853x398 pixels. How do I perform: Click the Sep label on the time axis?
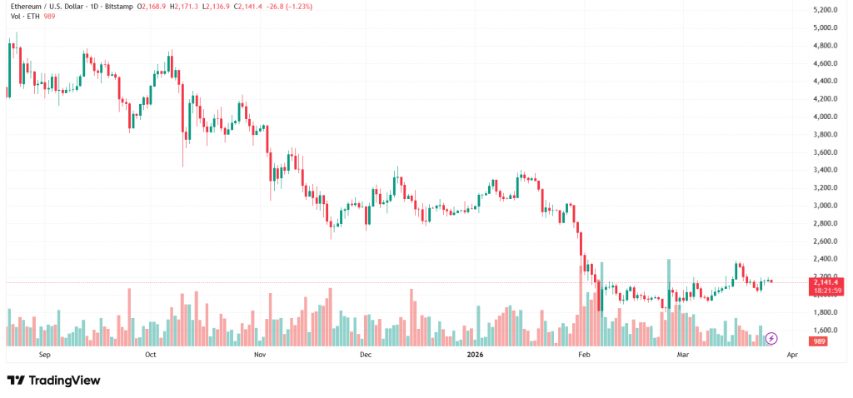[x=45, y=355]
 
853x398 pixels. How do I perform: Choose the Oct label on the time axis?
[x=151, y=355]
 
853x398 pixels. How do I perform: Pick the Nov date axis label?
[x=259, y=355]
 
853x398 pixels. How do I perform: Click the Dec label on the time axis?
[x=365, y=355]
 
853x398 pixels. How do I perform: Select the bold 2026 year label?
[x=476, y=355]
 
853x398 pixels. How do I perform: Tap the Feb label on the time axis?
[x=584, y=355]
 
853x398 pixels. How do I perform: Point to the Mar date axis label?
[x=683, y=355]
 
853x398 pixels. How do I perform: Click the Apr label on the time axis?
[x=791, y=355]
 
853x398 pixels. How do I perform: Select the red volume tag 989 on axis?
[x=820, y=341]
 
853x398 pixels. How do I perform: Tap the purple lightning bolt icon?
[x=771, y=338]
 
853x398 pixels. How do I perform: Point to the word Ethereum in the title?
[x=28, y=6]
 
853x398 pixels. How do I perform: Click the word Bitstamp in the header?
[x=122, y=6]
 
